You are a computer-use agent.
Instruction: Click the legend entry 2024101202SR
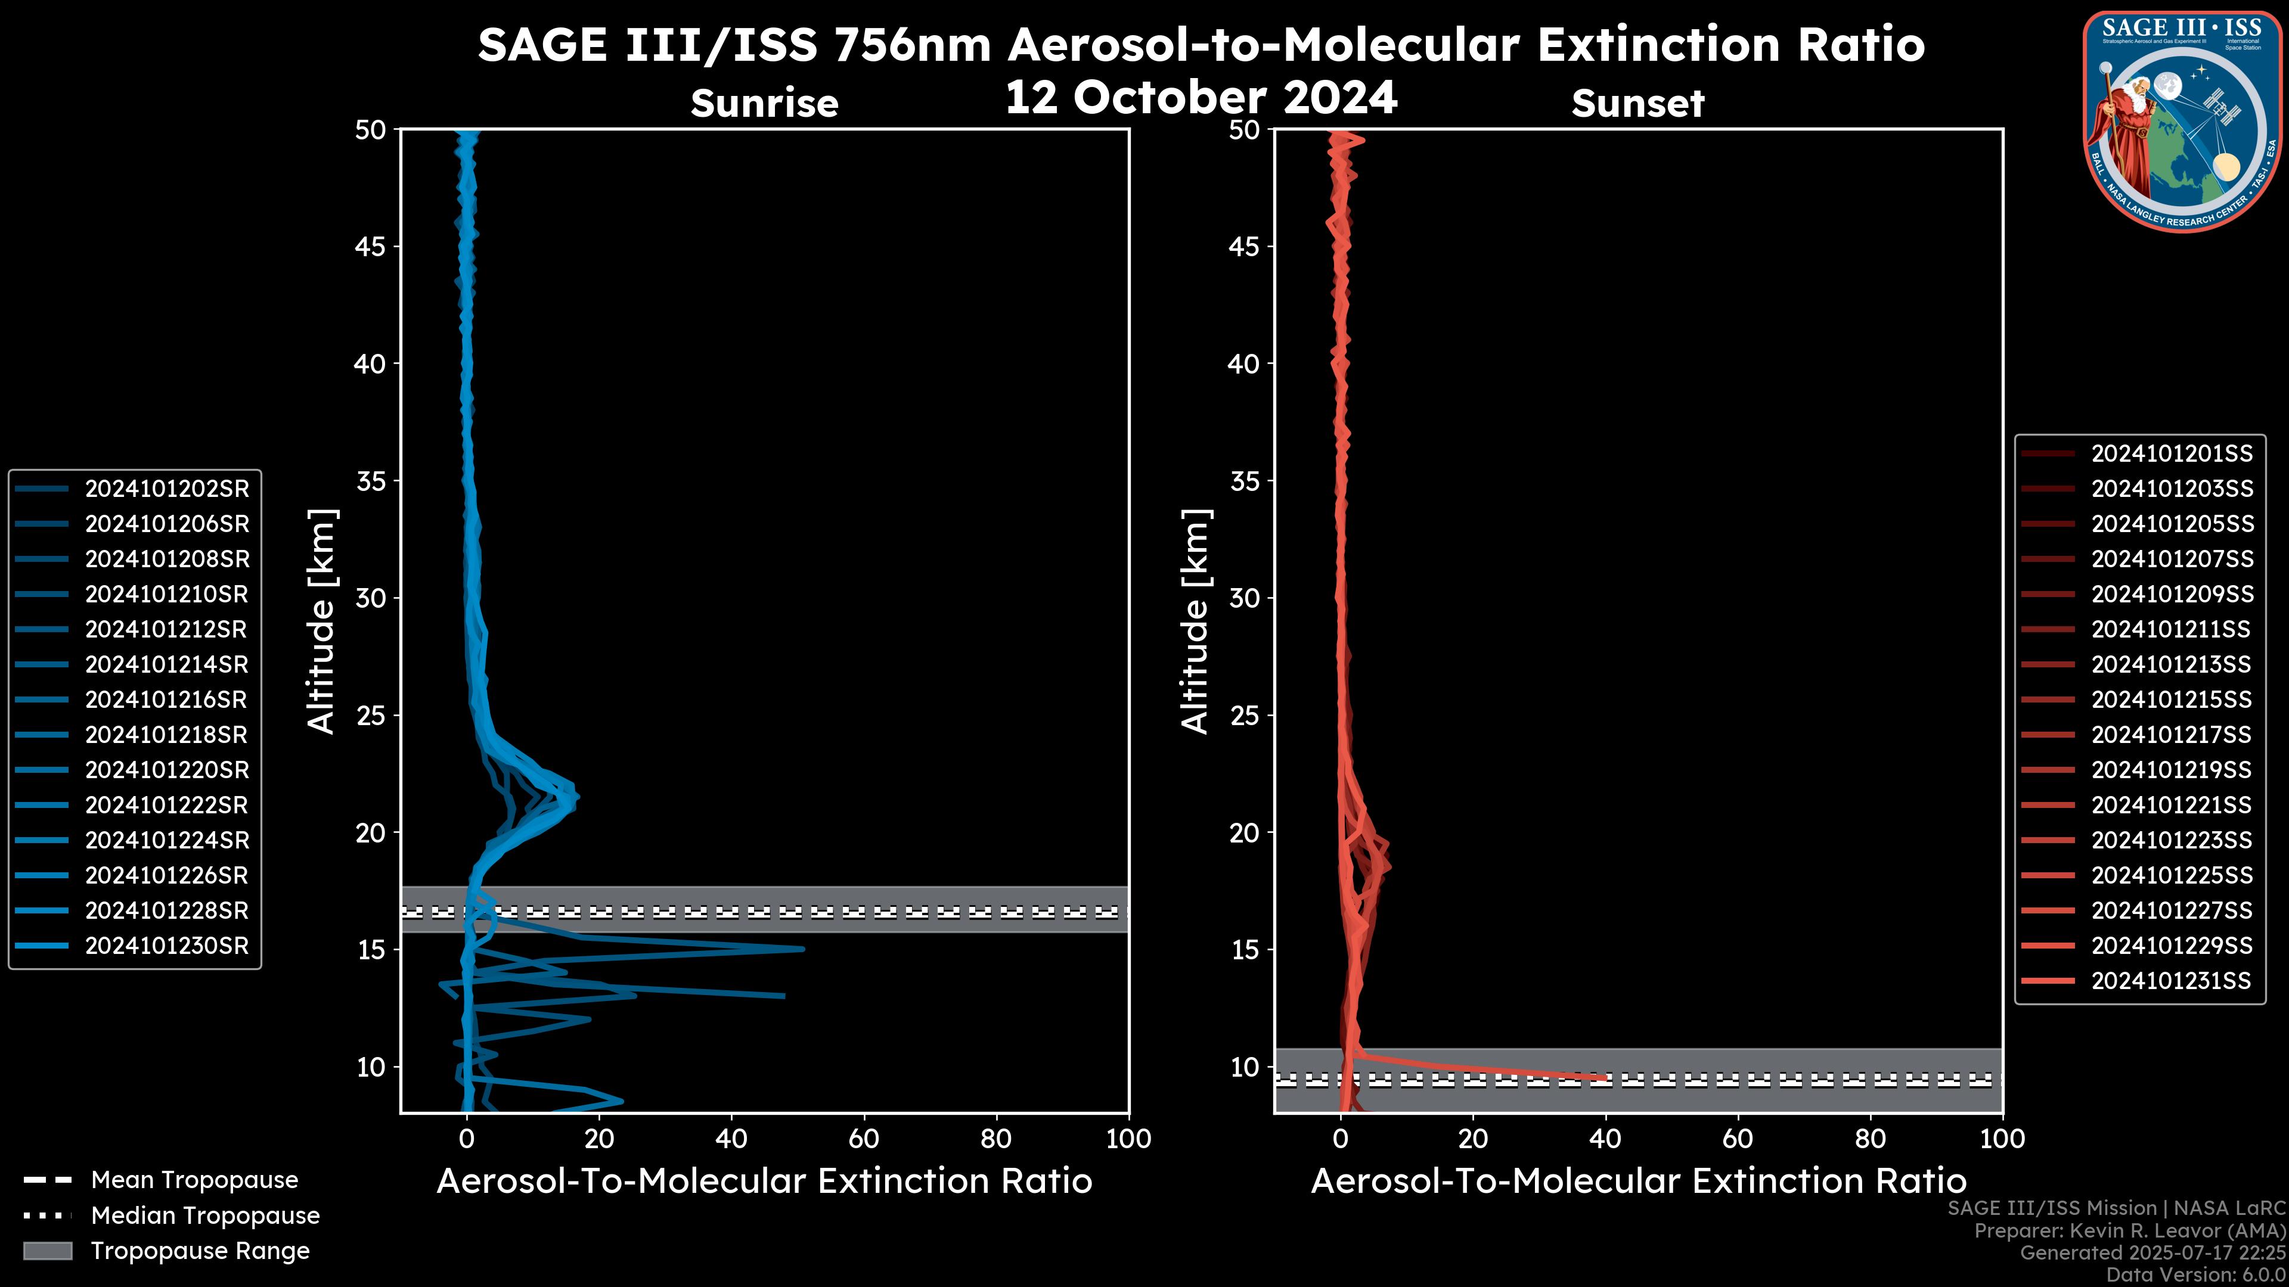tap(166, 489)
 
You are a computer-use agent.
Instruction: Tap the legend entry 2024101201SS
tap(2171, 454)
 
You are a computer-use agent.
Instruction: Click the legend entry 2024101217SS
tap(2171, 735)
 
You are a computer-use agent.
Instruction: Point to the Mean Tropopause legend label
tap(194, 1180)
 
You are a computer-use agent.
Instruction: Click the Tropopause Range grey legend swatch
tap(47, 1251)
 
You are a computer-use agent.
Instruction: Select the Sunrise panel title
tap(764, 103)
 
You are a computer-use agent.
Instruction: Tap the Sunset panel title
tap(1637, 103)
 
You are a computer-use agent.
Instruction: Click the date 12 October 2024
tap(1201, 97)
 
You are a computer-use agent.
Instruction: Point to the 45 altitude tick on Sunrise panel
tap(371, 246)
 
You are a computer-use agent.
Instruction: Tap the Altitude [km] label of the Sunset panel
tap(1195, 621)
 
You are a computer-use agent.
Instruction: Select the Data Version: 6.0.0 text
tap(2197, 1274)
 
